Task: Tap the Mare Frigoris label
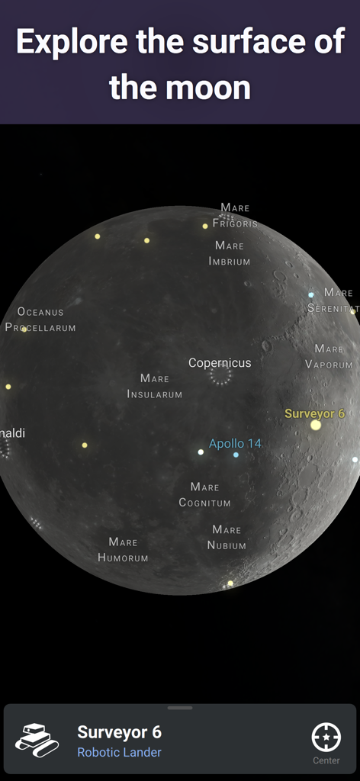235,215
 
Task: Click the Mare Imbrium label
230,253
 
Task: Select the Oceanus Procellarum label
40,320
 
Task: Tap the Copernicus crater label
220,363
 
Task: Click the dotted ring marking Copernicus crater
220,375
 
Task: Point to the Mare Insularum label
155,386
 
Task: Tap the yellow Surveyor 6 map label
314,413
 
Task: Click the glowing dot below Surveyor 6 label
316,426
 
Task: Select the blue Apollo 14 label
235,443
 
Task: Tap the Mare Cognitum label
204,494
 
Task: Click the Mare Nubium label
227,537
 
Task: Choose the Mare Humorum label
123,549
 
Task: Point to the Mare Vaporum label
329,356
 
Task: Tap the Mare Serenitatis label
333,301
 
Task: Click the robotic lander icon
37,740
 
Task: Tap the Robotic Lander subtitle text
119,753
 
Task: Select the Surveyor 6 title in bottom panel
119,731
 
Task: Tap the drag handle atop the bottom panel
180,708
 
